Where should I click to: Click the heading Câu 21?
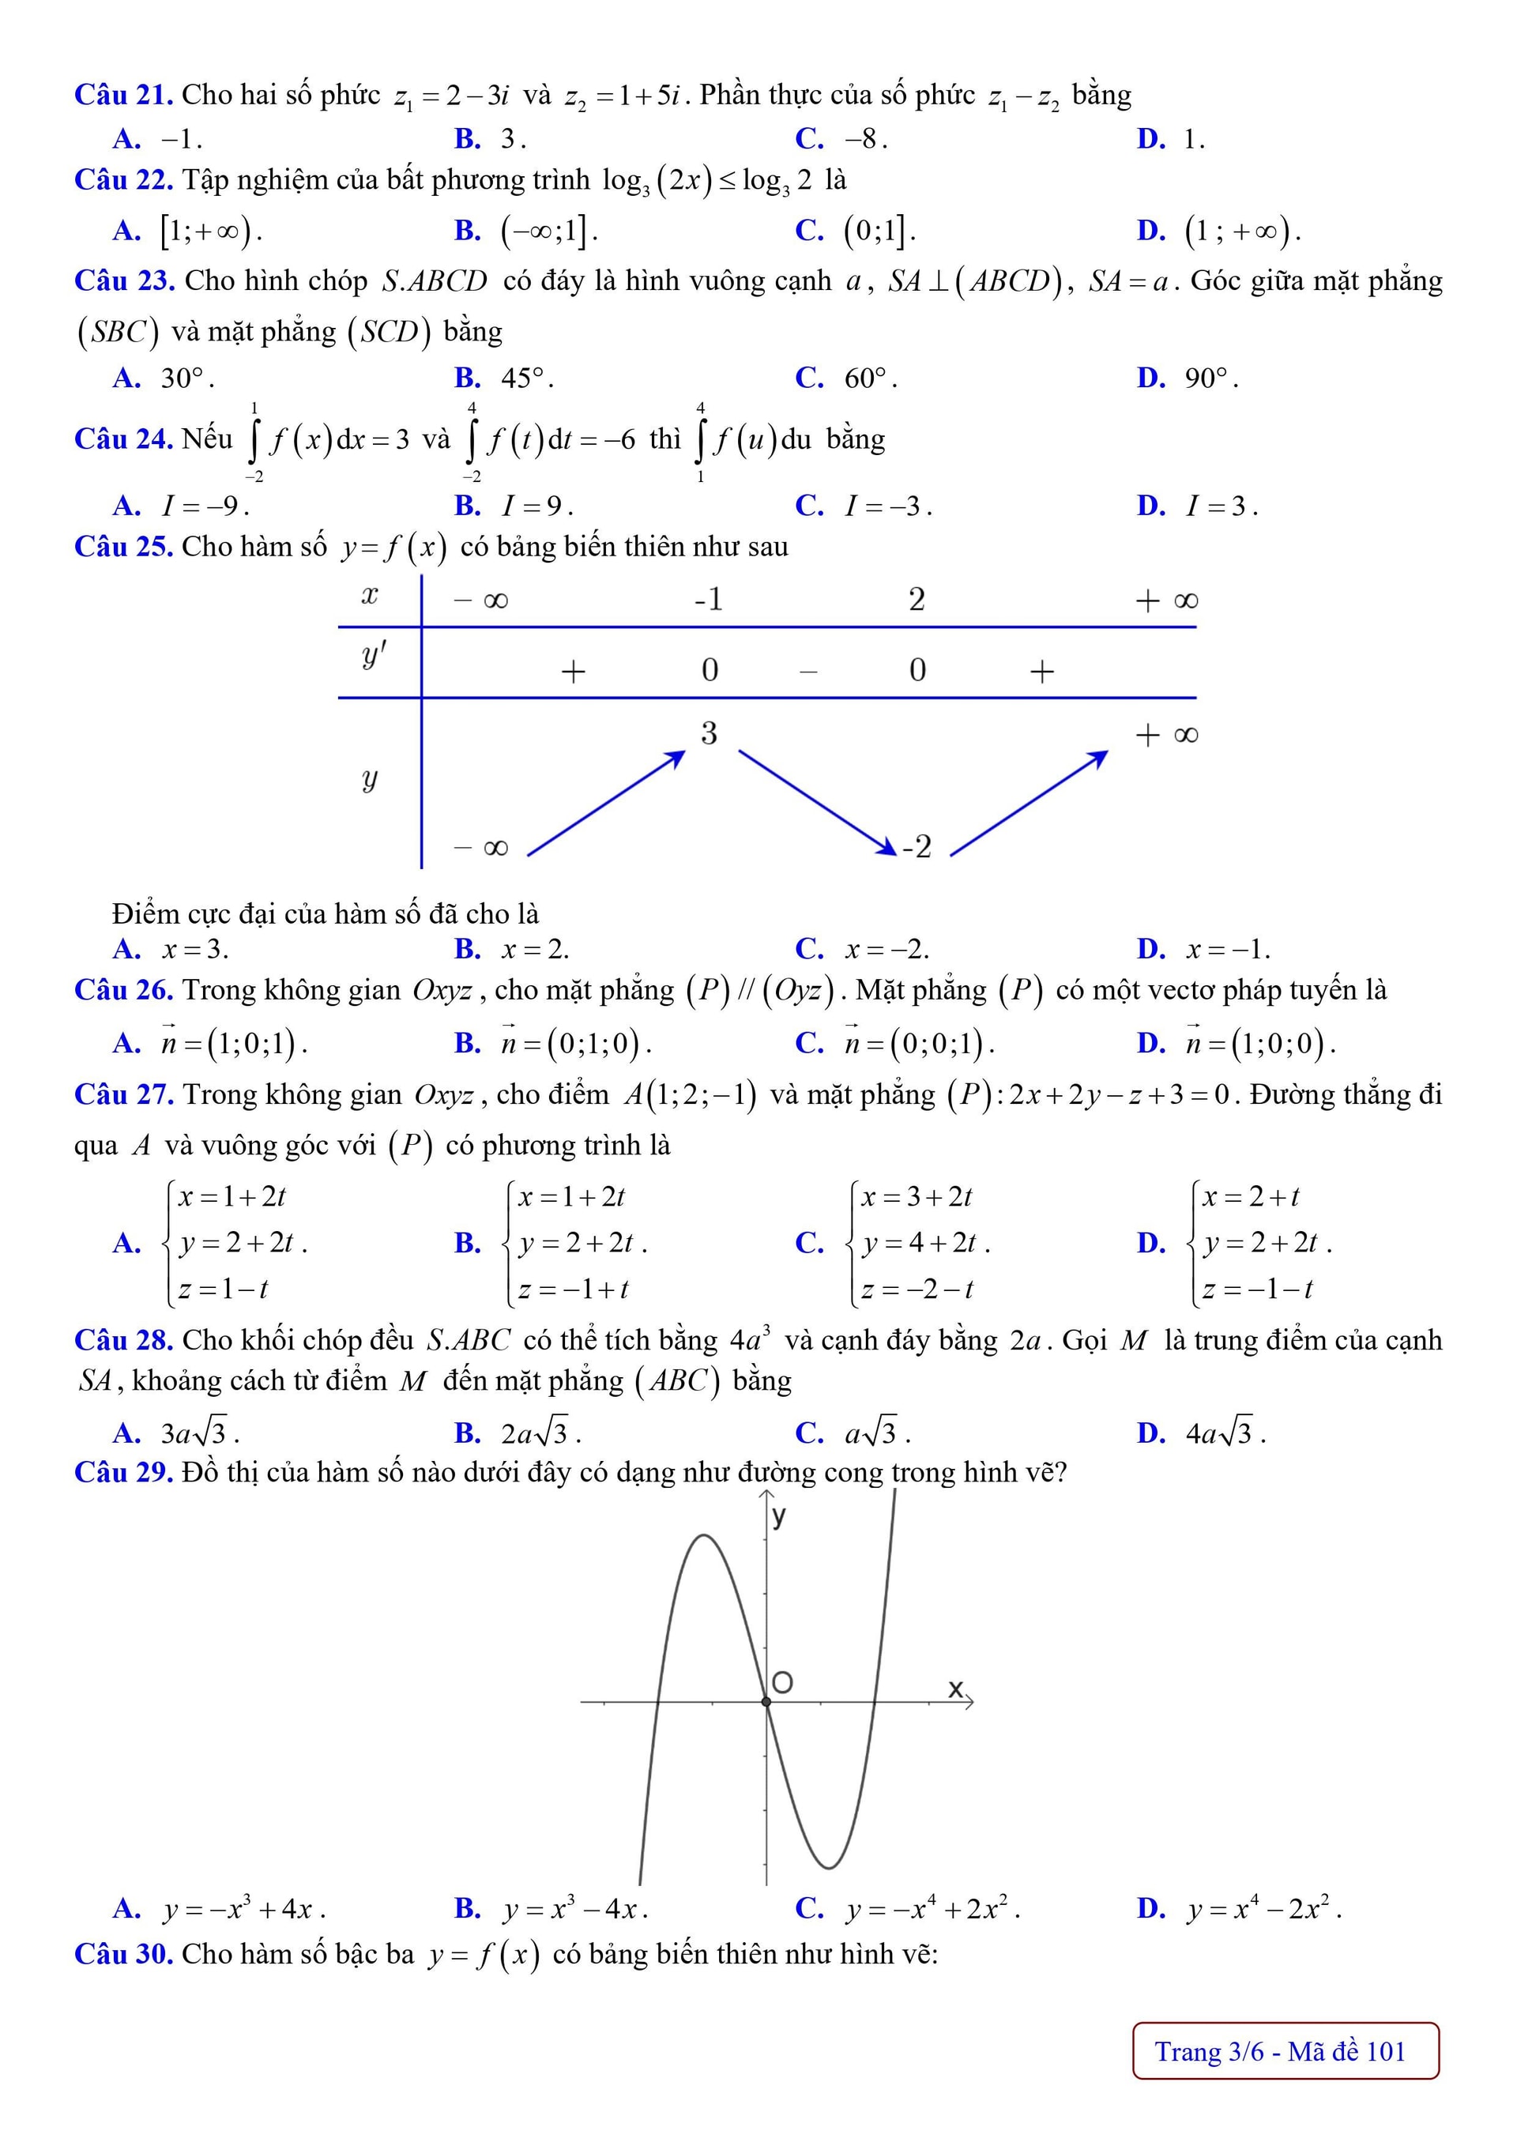pyautogui.click(x=123, y=96)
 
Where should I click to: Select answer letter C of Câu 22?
pyautogui.click(x=808, y=231)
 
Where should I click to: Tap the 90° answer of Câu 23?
pyautogui.click(x=1210, y=378)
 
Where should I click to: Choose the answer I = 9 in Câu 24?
pyautogui.click(x=536, y=506)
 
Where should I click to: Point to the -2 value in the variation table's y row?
pyautogui.click(x=917, y=847)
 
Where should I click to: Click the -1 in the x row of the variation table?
pyautogui.click(x=709, y=599)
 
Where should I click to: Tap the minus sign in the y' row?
pyautogui.click(x=809, y=671)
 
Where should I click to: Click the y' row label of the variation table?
pyautogui.click(x=373, y=657)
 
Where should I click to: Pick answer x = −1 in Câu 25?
pyautogui.click(x=1227, y=951)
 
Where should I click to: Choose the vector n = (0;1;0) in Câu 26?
pyautogui.click(x=575, y=1043)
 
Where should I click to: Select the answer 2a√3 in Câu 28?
pyautogui.click(x=540, y=1434)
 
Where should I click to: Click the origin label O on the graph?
pyautogui.click(x=783, y=1683)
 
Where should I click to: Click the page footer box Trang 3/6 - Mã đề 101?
pyautogui.click(x=1285, y=2052)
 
